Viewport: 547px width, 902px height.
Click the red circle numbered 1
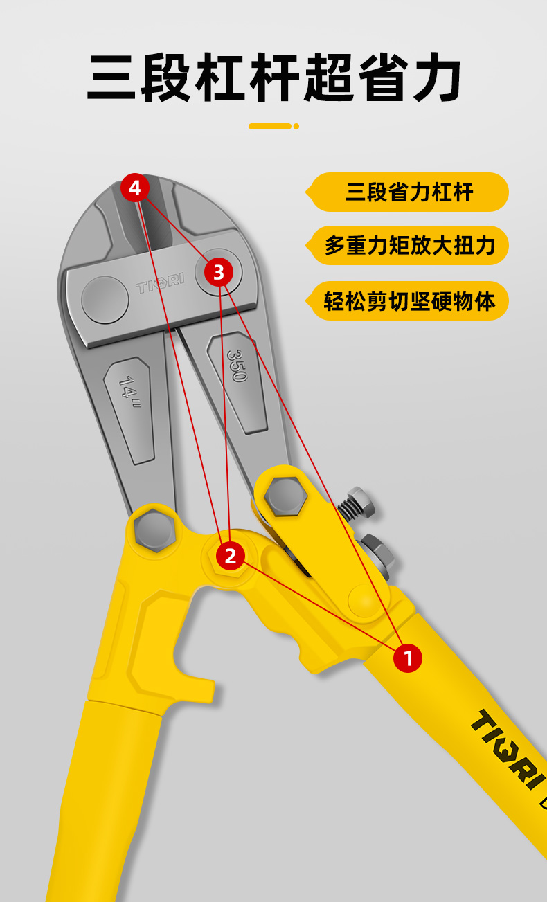click(x=408, y=658)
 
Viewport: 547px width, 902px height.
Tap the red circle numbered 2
click(x=231, y=556)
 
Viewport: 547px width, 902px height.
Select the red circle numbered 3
click(x=219, y=272)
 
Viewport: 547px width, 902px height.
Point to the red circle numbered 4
click(x=135, y=188)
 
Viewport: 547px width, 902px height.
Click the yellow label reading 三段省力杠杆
click(x=407, y=192)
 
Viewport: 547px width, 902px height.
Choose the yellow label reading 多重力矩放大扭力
click(x=407, y=245)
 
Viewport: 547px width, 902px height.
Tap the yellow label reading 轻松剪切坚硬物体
click(x=407, y=301)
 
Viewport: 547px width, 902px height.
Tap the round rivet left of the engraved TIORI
click(x=105, y=300)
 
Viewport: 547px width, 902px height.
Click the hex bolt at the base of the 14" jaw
click(x=154, y=530)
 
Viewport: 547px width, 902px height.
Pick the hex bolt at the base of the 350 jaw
click(x=285, y=496)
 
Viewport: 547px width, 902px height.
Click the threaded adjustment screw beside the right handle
click(x=357, y=502)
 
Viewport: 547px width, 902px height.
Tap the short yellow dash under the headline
click(x=270, y=127)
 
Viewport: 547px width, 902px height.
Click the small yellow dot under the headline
click(x=296, y=127)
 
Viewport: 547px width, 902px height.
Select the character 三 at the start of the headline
click(x=111, y=78)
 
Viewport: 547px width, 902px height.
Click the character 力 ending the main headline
click(x=437, y=77)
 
